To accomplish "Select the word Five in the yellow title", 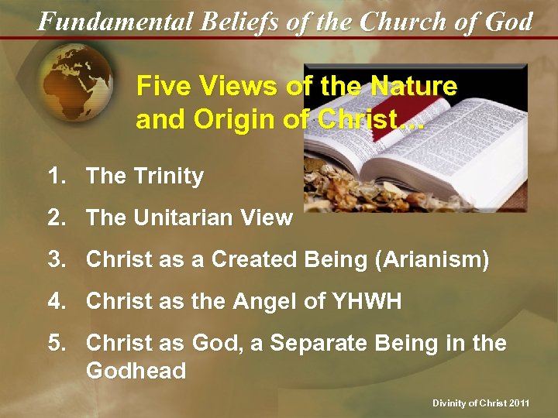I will pos(161,87).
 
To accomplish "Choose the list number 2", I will pos(57,218).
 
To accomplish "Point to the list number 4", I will pos(57,301).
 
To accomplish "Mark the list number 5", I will pos(57,343).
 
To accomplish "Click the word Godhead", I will pos(136,371).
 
